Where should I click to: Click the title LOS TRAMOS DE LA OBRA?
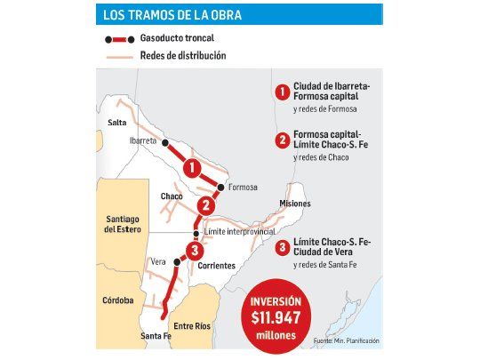172,14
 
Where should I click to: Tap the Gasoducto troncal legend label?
177,40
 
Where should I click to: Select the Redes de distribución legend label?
182,56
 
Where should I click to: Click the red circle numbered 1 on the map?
190,166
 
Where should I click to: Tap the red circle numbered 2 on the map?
206,206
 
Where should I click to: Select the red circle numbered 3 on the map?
195,250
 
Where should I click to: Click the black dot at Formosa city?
220,188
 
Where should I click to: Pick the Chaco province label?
172,196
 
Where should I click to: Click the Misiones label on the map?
294,204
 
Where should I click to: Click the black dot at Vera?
176,262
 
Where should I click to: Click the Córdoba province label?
117,300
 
